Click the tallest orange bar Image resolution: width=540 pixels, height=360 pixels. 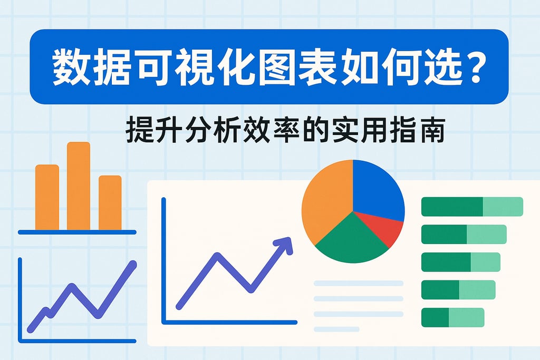pos(79,186)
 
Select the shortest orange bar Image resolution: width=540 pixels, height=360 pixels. pos(110,203)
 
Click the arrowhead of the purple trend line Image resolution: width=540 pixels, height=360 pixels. pos(285,244)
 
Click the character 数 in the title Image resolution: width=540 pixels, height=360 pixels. pos(70,67)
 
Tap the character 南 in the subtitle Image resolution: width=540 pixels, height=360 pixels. pos(432,130)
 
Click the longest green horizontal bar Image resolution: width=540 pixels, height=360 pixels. pos(472,207)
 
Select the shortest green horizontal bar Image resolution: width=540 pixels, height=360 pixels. pos(453,317)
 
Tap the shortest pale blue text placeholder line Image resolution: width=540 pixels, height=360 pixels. pos(336,329)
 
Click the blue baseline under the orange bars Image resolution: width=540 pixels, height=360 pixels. pos(77,232)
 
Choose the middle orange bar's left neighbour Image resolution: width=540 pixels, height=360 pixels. pos(47,197)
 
